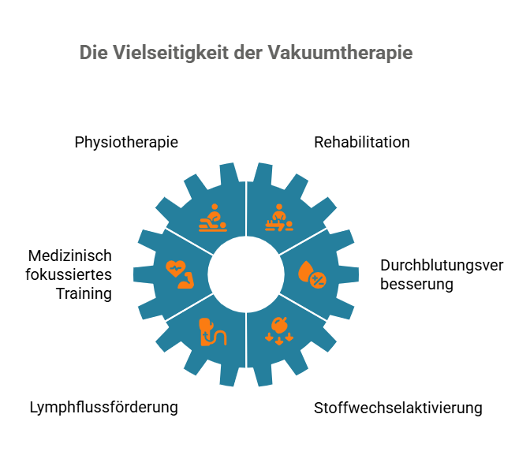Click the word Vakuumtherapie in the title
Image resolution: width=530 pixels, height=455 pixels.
341,53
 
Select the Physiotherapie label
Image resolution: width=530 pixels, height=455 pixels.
126,142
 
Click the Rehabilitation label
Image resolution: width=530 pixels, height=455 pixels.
362,142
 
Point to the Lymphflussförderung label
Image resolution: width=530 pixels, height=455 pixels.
104,408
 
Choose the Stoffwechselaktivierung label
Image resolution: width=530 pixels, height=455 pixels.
397,408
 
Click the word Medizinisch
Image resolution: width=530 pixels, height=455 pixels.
70,255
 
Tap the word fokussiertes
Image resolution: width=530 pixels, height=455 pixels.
69,274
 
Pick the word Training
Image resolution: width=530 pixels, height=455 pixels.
84,293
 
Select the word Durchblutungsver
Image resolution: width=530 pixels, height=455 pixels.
442,265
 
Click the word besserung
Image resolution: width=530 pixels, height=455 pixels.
416,284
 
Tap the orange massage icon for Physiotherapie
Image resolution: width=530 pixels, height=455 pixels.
213,218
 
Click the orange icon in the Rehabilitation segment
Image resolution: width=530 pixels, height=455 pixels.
279,218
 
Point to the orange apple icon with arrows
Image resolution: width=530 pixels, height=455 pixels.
279,331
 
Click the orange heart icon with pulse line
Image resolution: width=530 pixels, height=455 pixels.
175,268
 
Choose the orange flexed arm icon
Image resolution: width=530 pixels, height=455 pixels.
186,280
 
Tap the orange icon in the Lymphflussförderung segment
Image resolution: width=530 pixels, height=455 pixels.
213,332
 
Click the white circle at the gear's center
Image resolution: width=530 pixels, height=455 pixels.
246,274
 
